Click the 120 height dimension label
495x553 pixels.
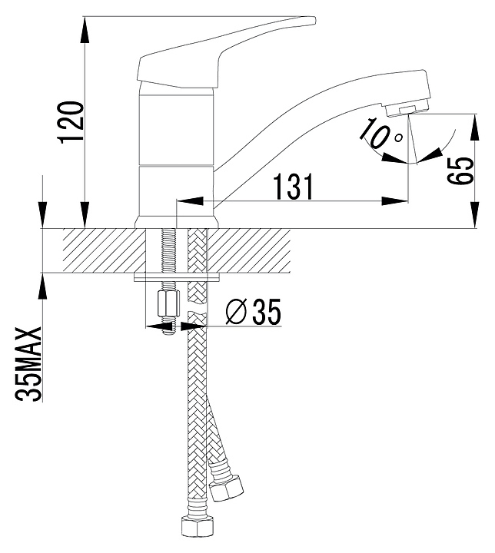tap(72, 122)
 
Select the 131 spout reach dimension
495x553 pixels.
tap(294, 187)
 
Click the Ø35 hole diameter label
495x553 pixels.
tap(253, 312)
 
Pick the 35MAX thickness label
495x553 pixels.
tap(28, 364)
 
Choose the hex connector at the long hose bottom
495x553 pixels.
tap(197, 527)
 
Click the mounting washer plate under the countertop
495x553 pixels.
tap(177, 277)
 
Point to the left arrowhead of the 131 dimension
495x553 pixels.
tap(191, 201)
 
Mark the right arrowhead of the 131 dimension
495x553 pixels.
tap(394, 201)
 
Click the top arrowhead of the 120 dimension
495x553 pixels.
tap(85, 30)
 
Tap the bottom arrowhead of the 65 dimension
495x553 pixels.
tap(475, 215)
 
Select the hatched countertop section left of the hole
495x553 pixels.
tap(105, 250)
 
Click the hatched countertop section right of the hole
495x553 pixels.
tap(249, 250)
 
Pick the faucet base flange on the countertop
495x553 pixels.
tap(177, 222)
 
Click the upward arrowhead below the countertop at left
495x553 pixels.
tap(42, 286)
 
